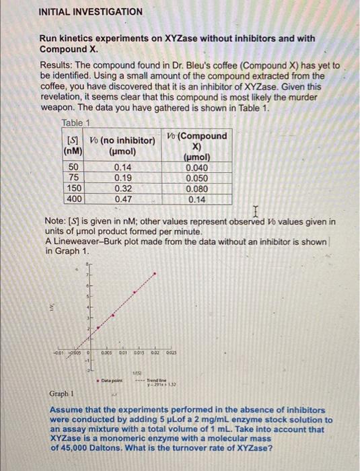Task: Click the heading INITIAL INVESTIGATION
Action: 90,12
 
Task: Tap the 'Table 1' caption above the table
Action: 75,122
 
